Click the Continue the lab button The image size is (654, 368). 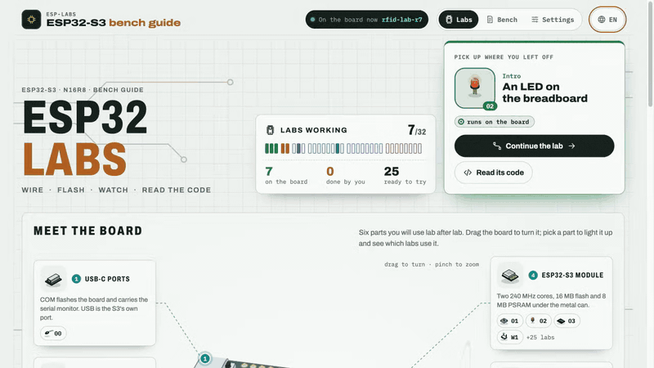coord(534,146)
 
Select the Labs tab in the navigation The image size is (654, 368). coord(459,20)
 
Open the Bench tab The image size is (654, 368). coord(502,20)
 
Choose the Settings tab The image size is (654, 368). coord(553,20)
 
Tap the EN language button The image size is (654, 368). coord(607,20)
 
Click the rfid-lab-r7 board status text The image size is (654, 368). coord(401,20)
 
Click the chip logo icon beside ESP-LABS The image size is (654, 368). coord(31,20)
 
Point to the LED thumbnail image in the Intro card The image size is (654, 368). coord(475,88)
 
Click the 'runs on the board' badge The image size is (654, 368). coord(495,122)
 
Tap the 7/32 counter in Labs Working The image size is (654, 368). coord(417,131)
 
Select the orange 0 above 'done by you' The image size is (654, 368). coord(330,172)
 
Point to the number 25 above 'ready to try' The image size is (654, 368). coord(392,172)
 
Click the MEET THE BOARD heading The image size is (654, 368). coord(88,231)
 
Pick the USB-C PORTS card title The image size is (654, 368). coord(107,279)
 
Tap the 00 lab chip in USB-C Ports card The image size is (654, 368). coord(53,334)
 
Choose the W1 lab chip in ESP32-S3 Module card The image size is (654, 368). coord(509,337)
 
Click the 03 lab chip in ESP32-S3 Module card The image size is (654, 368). coord(567,321)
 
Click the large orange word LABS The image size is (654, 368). coord(74,159)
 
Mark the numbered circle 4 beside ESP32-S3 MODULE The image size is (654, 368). coord(533,275)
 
